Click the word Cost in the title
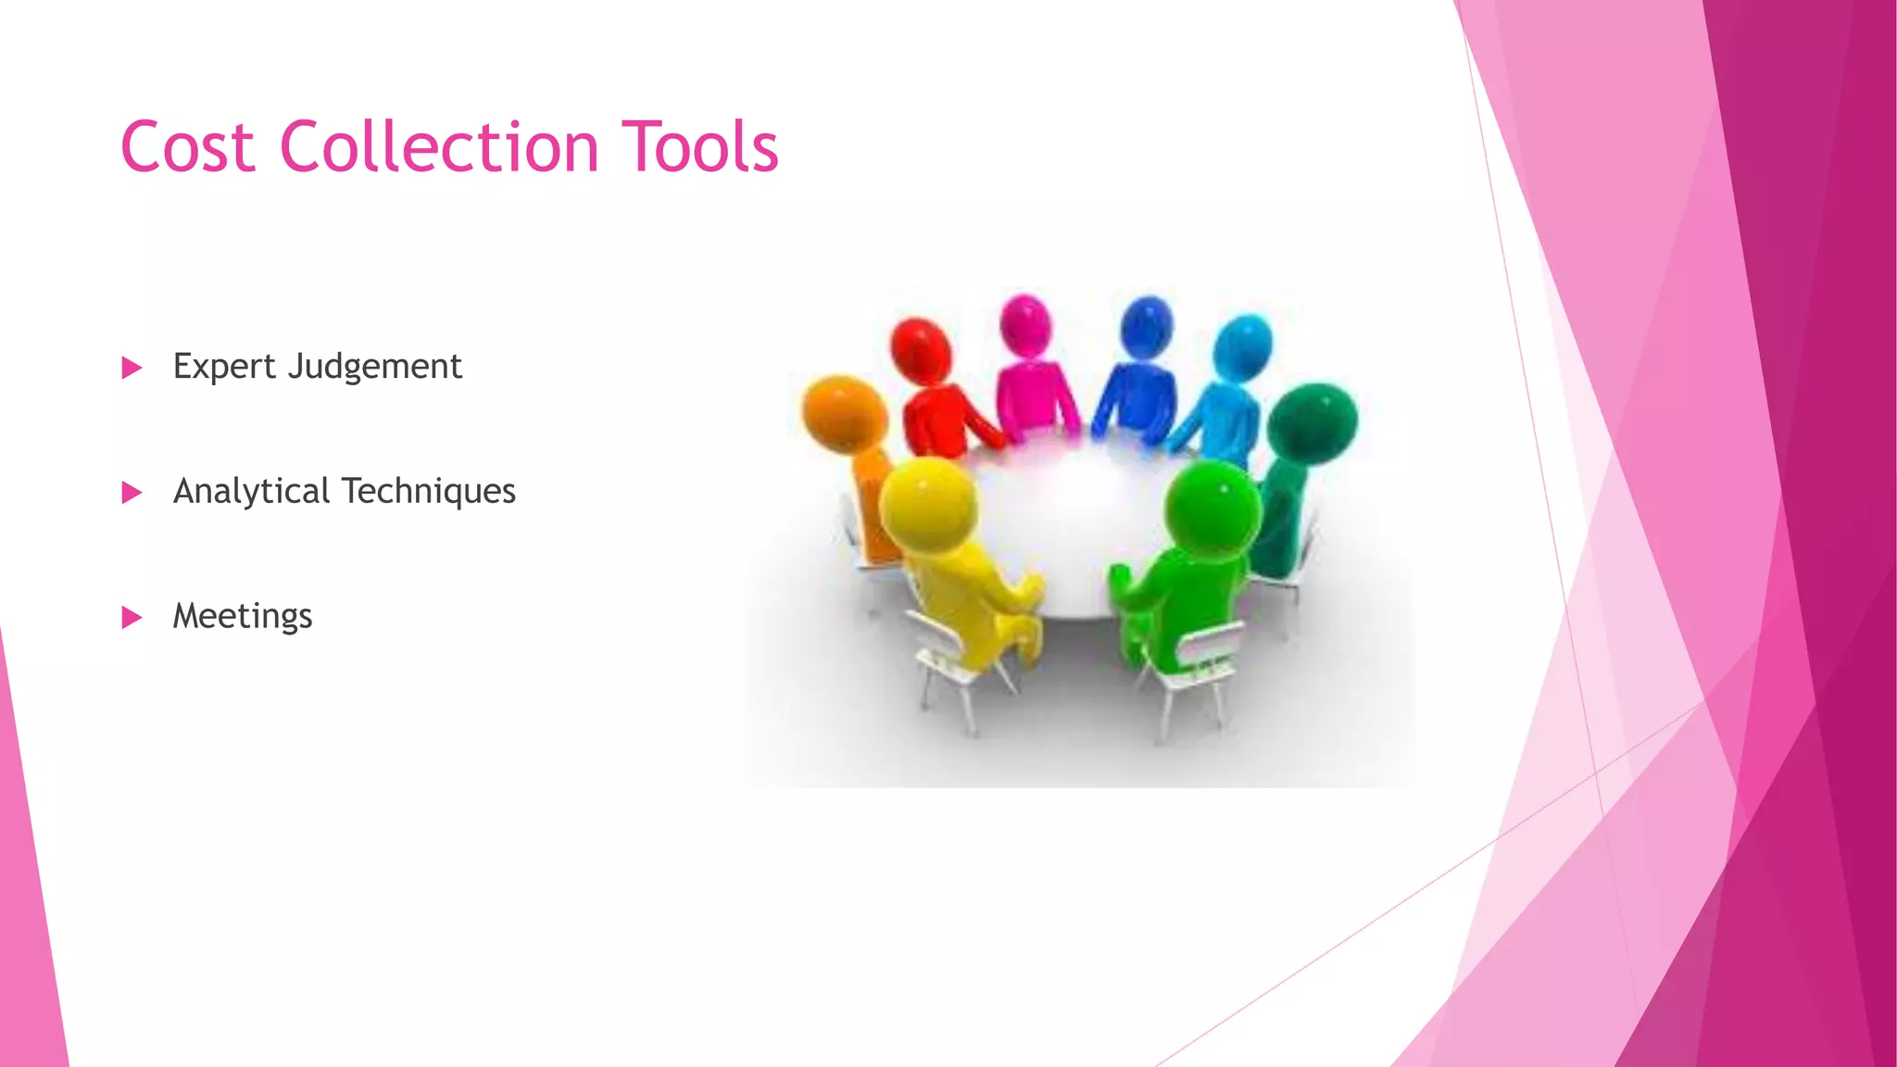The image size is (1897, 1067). [187, 148]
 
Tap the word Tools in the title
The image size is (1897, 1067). [700, 148]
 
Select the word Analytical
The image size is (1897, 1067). [251, 492]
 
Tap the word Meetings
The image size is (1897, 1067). [243, 617]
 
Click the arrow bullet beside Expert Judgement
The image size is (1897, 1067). [132, 369]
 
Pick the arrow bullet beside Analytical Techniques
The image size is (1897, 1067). [132, 493]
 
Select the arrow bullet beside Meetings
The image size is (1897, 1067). [132, 618]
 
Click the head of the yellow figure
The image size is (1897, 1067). [928, 506]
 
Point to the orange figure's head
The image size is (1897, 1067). [844, 411]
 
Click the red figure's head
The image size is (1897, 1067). [921, 350]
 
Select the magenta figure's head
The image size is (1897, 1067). [1025, 325]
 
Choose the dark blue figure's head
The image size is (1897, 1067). [1147, 327]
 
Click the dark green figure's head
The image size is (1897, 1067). [1312, 421]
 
